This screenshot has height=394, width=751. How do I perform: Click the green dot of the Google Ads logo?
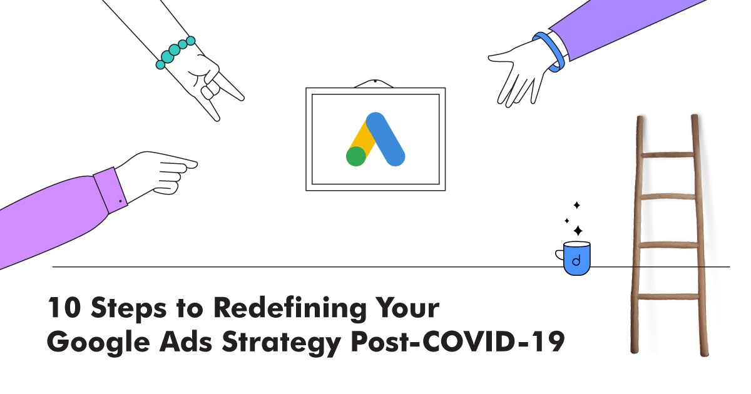(355, 156)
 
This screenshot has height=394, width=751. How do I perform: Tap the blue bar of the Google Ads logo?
(386, 139)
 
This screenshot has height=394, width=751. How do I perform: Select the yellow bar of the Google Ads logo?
(362, 138)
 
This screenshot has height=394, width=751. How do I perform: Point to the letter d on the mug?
(576, 260)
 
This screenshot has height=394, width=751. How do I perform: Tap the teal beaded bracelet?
(175, 53)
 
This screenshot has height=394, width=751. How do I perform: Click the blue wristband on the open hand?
(549, 52)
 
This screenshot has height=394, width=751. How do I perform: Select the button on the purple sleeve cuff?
(120, 201)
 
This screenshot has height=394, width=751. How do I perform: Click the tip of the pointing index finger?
(197, 164)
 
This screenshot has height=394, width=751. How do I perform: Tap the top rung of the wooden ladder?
(668, 155)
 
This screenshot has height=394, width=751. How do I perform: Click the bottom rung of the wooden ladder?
(668, 296)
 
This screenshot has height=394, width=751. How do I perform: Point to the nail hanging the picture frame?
(375, 81)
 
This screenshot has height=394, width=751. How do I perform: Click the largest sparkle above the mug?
(578, 231)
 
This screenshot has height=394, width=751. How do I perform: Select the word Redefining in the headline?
(290, 308)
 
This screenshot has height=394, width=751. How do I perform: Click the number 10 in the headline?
(64, 307)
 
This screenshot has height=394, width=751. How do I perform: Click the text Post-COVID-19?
(457, 341)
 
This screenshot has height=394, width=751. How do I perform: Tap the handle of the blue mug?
(559, 255)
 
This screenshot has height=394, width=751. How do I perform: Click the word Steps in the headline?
(129, 309)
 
